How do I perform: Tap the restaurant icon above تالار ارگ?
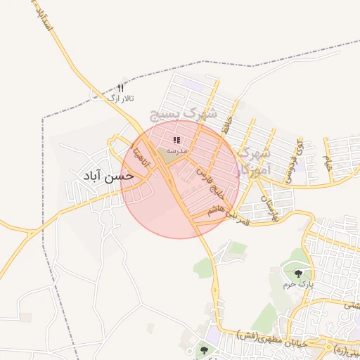(x=120, y=89)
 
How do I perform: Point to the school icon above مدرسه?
(x=176, y=140)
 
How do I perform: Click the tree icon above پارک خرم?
(x=300, y=274)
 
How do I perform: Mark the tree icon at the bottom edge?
(x=205, y=349)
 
